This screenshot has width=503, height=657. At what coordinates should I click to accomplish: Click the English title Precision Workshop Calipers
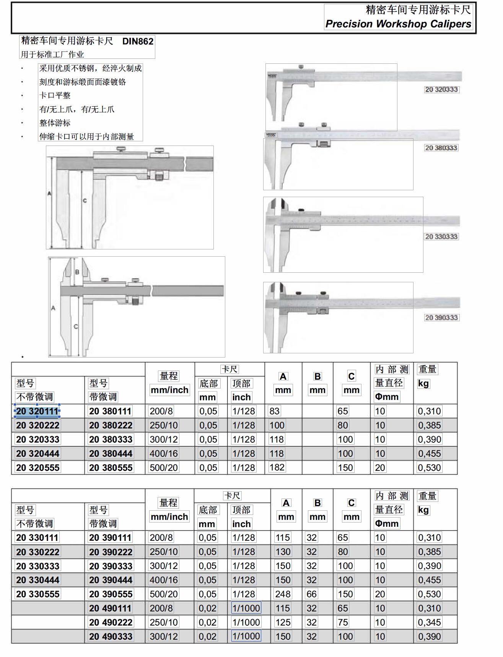point(398,24)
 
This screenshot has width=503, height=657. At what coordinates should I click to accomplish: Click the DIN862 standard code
point(138,41)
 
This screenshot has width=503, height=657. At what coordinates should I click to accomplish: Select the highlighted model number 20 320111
point(37,411)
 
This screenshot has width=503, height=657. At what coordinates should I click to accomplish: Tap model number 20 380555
point(111,468)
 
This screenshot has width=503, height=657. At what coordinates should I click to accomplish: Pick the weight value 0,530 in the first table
point(429,468)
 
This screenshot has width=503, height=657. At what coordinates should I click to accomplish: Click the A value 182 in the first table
point(277,467)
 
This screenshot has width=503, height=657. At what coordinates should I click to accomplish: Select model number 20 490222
point(111,622)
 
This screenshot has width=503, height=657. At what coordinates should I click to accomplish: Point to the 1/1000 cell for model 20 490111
point(246,608)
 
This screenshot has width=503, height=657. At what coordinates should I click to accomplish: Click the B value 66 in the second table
point(311,594)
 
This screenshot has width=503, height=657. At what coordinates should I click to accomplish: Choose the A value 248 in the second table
point(283,594)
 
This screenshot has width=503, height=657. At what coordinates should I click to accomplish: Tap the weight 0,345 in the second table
point(429,622)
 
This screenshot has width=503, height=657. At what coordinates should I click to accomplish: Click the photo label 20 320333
point(441,89)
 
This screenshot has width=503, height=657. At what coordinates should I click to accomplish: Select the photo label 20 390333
point(441,317)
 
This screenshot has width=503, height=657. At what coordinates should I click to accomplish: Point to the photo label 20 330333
point(441,236)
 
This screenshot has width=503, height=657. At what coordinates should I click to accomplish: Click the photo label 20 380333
point(441,148)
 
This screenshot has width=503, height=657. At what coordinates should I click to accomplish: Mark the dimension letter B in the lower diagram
point(77,272)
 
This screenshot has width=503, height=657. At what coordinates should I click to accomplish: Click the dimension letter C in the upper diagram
point(85,201)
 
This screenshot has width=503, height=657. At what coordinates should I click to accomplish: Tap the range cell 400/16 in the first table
point(164,453)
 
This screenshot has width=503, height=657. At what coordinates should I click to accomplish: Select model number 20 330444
point(37,580)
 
